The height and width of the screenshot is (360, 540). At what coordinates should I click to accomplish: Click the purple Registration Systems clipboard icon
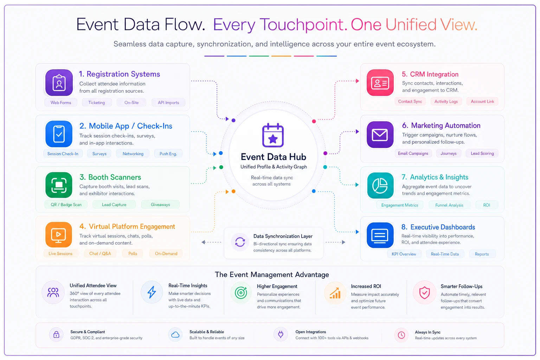[59, 83]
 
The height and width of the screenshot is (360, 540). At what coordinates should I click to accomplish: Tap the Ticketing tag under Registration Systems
[97, 102]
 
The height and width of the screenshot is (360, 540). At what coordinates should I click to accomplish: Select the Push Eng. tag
[168, 154]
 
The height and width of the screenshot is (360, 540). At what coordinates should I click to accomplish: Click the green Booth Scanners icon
[59, 185]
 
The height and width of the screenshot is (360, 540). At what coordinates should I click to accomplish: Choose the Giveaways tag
[160, 205]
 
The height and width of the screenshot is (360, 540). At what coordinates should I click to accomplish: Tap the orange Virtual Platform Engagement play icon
[59, 234]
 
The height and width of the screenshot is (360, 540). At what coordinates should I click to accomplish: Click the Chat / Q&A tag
[100, 253]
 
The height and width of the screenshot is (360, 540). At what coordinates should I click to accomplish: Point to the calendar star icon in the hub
[273, 135]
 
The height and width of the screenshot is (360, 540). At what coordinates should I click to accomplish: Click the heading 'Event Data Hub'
[274, 157]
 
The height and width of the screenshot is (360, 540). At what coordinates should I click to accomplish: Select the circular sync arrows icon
[240, 242]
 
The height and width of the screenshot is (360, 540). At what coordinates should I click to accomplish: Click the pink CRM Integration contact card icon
[380, 83]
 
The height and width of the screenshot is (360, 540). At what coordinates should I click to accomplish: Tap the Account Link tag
[482, 102]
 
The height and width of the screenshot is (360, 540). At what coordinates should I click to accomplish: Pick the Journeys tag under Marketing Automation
[448, 153]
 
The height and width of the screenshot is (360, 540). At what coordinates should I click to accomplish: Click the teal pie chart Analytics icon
[380, 185]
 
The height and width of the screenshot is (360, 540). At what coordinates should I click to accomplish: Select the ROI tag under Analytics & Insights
[487, 205]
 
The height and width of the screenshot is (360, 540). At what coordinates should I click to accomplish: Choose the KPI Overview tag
[404, 254]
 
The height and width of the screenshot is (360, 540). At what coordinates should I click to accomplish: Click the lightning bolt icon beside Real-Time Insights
[152, 292]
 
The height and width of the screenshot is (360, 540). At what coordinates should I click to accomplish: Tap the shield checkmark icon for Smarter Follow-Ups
[424, 292]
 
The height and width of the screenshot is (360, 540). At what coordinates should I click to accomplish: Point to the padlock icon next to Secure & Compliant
[56, 334]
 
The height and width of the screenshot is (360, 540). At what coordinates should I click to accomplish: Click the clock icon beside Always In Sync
[401, 335]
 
